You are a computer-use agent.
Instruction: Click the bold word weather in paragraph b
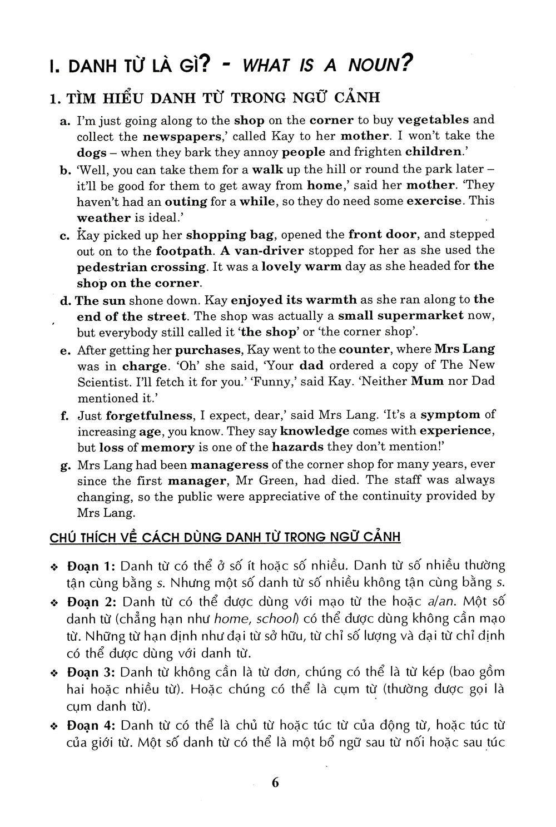103,217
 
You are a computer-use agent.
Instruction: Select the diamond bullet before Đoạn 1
54,567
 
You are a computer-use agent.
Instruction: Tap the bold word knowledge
315,431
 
